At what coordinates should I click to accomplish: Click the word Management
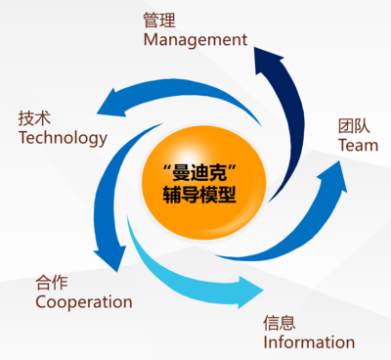195,40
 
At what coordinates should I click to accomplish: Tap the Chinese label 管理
157,20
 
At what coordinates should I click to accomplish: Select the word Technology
64,138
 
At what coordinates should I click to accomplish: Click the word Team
357,145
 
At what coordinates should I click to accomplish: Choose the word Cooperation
83,302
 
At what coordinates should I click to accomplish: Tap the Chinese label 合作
51,282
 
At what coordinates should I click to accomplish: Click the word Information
309,342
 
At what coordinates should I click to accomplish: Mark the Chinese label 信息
279,322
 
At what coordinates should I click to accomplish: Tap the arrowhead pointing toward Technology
110,102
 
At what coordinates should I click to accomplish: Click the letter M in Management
151,40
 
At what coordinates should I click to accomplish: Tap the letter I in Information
266,342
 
